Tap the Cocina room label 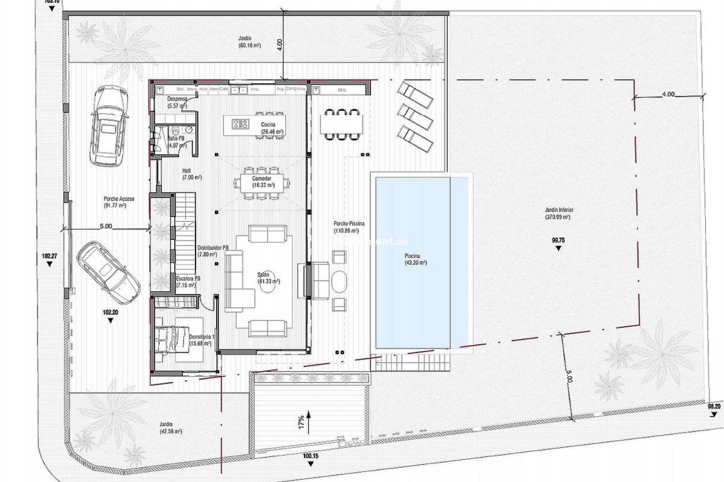coord(268,125)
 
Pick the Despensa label coord(177,99)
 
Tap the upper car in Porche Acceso coord(108,126)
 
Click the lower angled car coord(109,273)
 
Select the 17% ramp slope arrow coord(308,422)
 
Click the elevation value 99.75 coord(558,240)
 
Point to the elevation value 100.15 coord(311,456)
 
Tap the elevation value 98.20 coord(714,407)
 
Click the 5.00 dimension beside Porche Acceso coord(106,226)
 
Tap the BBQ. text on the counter coord(343,90)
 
